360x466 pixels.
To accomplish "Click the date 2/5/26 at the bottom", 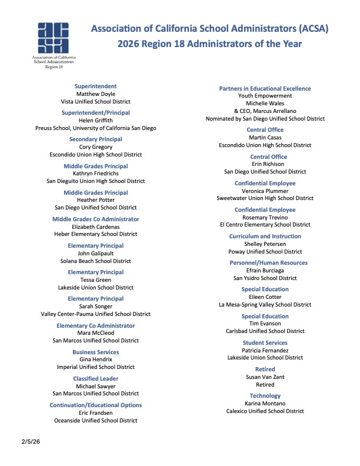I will click(31, 441).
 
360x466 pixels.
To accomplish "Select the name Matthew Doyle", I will click(96, 94).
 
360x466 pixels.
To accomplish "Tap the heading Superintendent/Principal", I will click(96, 112).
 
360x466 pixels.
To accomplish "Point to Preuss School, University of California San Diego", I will click(96, 128).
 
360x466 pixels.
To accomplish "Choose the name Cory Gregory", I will click(96, 147).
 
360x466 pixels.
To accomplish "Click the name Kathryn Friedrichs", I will click(96, 174).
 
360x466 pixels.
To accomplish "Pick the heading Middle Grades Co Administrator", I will click(96, 219).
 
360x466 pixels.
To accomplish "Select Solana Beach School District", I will click(96, 261).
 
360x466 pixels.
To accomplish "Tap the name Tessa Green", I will click(96, 280).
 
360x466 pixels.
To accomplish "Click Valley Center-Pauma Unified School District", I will click(96, 314).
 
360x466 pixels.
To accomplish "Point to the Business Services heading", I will click(96, 352).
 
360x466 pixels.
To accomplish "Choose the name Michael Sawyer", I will click(96, 386).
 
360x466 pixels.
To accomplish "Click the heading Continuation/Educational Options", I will click(96, 405).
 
